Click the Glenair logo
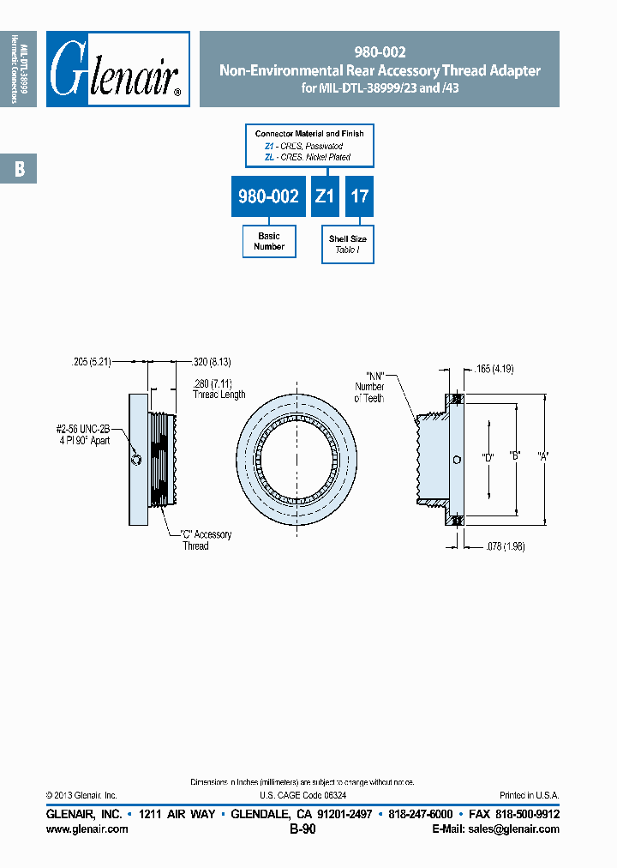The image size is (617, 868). [117, 69]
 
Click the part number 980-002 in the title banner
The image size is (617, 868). [380, 51]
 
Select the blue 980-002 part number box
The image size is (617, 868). [268, 196]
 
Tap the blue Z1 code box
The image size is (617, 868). [324, 196]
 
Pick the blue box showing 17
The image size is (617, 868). [360, 196]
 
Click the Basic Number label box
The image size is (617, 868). [269, 241]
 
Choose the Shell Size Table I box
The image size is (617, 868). [348, 244]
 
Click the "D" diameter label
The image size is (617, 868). [488, 457]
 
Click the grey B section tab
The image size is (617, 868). [19, 170]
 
